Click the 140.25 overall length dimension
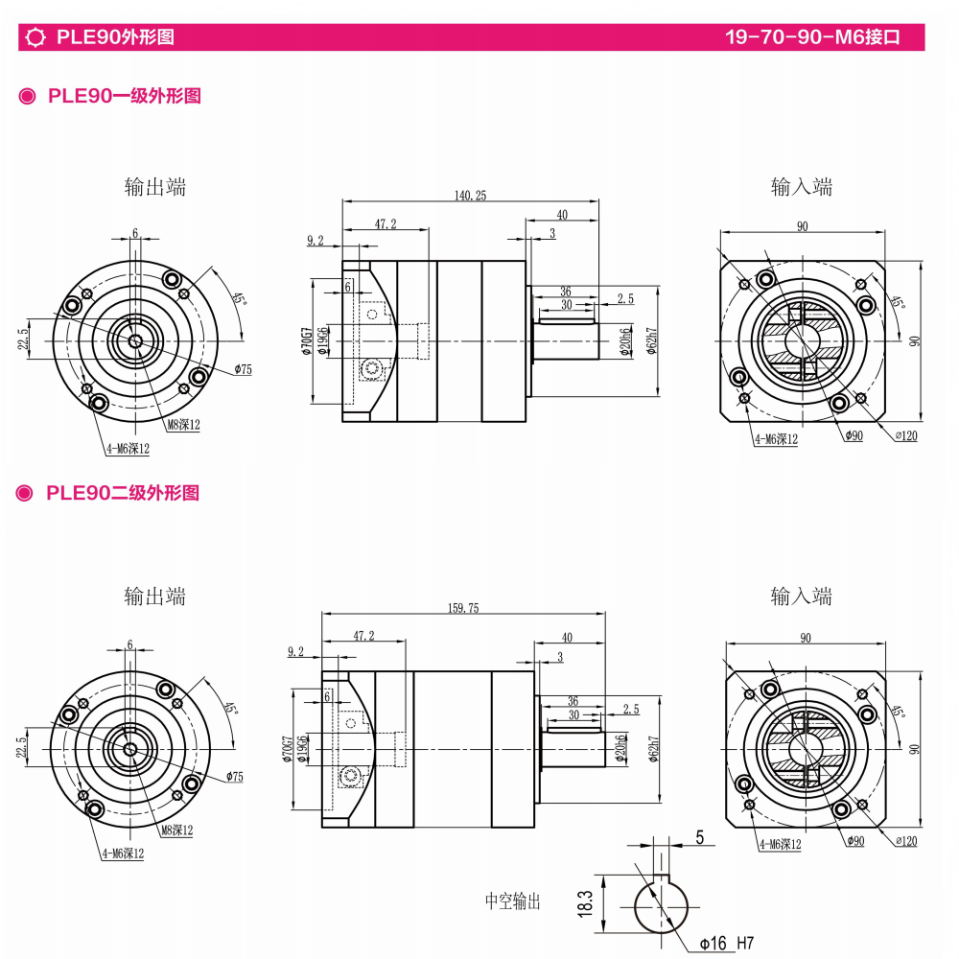click(471, 196)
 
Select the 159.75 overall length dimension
click(463, 608)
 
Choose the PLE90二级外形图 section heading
click(123, 493)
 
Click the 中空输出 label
click(512, 901)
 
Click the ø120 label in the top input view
click(906, 436)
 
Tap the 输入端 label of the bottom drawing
click(802, 596)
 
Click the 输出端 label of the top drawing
click(154, 187)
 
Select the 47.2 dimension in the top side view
click(385, 223)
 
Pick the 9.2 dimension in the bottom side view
click(295, 652)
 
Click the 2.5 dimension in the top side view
click(625, 299)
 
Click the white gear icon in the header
click(36, 38)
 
